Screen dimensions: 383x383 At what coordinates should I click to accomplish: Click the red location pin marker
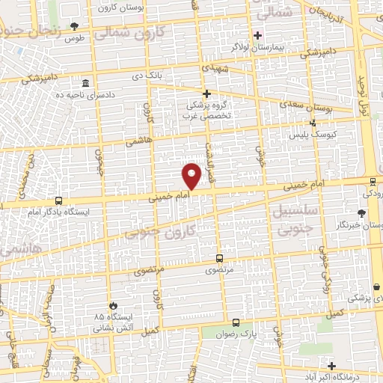coord(192,175)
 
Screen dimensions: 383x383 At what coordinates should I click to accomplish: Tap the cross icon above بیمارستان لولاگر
coord(257,34)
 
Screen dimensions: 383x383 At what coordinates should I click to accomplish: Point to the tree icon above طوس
coord(73,25)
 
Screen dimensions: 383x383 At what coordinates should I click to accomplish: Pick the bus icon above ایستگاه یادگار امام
coord(58,200)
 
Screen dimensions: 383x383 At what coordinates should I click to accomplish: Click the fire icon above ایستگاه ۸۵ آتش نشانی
coord(113,305)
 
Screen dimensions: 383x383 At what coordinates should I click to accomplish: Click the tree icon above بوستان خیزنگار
coord(373,214)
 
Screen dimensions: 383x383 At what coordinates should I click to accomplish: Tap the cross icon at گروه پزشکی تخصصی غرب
coord(207,94)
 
